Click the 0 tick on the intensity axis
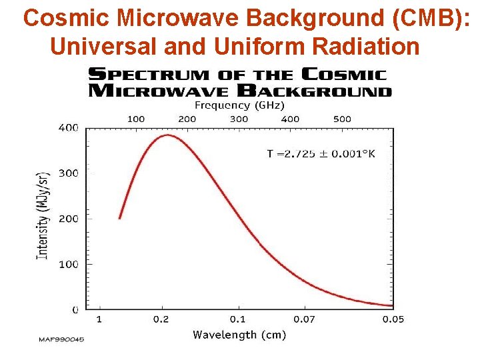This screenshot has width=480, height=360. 75,309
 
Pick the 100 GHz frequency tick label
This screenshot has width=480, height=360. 135,119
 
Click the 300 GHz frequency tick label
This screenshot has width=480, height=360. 239,119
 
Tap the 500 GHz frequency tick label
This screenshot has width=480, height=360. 342,119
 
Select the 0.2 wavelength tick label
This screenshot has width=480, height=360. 161,319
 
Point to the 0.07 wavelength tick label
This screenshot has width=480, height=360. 305,319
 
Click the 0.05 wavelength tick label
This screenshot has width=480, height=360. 393,319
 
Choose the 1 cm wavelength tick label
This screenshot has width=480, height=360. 99,319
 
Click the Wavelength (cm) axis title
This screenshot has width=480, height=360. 239,335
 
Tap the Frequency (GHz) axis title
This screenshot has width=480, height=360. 239,105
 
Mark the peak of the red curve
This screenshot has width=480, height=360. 167,135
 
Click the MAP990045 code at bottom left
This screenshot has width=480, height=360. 61,339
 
